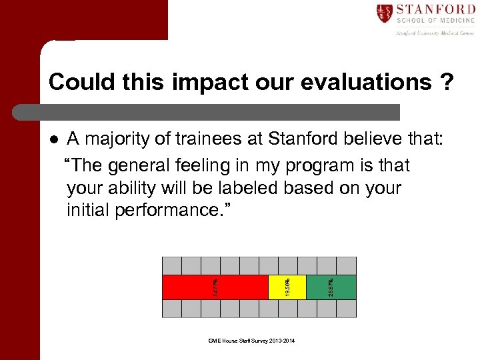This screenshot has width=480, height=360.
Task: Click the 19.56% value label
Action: pos(287,287)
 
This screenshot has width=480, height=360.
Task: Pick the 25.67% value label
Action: pos(331,287)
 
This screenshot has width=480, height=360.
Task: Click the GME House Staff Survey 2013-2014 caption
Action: pos(251,341)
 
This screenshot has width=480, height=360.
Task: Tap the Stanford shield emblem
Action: pos(384,13)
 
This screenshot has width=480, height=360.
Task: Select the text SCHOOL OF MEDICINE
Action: pos(435,21)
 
